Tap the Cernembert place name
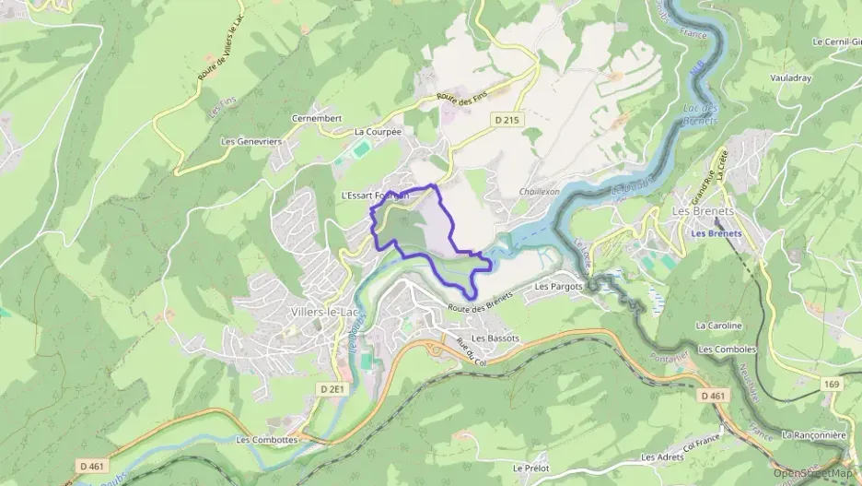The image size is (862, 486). pos(317,119)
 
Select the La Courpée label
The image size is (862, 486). pos(379,132)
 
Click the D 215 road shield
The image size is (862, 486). pos(506,120)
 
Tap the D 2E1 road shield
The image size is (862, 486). pos(332,389)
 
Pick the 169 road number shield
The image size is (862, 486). pos(832,382)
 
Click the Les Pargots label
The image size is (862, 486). pos(559,287)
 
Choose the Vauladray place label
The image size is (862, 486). pos(791,78)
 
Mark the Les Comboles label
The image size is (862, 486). pos(728,350)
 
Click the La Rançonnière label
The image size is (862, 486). pos(812,433)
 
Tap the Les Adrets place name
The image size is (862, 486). pos(661,457)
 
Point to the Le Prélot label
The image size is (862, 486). pos(531,468)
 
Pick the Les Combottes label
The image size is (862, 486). pos(267,440)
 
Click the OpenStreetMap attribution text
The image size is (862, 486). pos(815,473)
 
